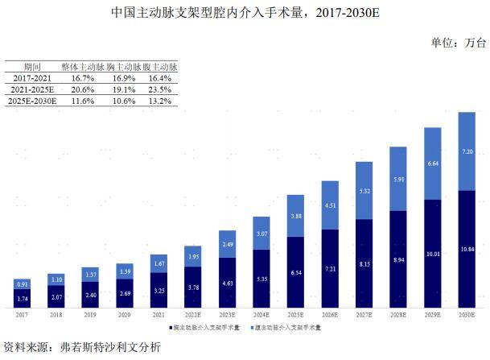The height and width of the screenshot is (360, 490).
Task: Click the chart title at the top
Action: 245,13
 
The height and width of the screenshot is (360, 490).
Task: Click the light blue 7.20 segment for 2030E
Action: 466,151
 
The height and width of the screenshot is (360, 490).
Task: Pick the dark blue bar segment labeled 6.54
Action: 295,273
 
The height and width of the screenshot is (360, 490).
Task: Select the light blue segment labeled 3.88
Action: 295,216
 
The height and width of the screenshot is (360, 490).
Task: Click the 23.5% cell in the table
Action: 164,89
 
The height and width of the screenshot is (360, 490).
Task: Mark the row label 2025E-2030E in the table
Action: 32,101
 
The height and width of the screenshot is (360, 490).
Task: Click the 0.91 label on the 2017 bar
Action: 22,284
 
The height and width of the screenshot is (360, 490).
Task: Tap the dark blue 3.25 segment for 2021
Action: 159,290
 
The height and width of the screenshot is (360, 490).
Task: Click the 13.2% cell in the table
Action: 164,101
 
